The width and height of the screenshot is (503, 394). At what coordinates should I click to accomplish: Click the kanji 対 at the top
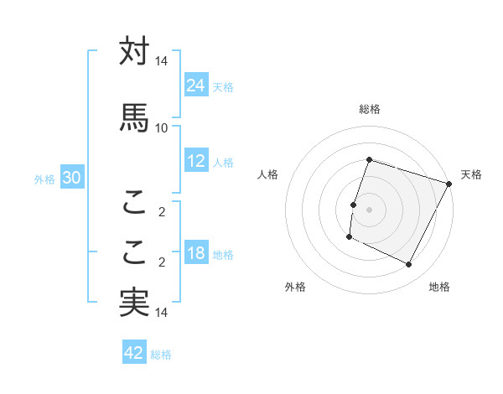click(134, 52)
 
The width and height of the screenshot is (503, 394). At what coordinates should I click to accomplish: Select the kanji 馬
click(134, 117)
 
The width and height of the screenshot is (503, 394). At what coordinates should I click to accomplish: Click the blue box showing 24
click(196, 85)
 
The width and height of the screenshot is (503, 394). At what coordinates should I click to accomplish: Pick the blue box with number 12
click(196, 161)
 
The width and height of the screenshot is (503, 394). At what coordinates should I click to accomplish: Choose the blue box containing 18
click(196, 254)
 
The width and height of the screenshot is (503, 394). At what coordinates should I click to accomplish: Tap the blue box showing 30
click(71, 178)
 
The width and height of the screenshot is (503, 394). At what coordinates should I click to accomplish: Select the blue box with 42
click(134, 353)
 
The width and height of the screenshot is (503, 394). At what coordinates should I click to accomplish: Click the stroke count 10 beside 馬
click(161, 127)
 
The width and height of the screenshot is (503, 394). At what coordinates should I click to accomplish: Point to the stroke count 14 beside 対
click(161, 61)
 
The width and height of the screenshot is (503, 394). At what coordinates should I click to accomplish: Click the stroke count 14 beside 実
click(161, 313)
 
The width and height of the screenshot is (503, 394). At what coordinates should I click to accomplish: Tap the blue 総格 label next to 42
click(162, 355)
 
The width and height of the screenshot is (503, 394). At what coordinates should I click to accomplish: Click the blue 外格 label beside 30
click(44, 179)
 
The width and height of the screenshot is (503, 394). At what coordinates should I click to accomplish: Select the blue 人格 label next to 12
click(223, 163)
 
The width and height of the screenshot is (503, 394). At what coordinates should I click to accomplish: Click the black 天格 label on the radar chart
click(471, 174)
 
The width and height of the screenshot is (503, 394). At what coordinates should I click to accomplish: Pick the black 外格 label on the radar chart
click(295, 287)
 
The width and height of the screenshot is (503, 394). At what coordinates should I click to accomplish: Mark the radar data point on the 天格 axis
click(450, 184)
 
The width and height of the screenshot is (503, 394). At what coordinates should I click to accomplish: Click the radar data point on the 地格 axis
click(409, 265)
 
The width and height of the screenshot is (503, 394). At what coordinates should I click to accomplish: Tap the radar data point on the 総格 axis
click(369, 159)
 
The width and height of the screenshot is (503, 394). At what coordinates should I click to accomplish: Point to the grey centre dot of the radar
click(369, 210)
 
